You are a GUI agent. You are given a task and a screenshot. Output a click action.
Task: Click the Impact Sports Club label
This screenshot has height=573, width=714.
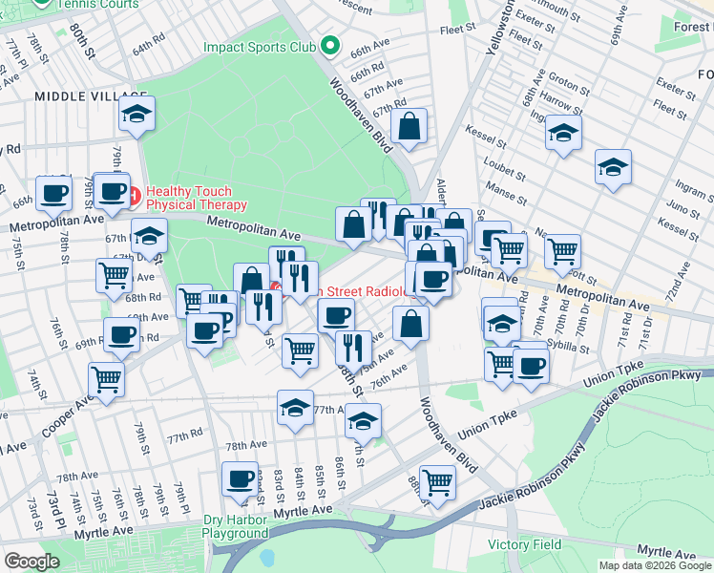[x=259, y=46]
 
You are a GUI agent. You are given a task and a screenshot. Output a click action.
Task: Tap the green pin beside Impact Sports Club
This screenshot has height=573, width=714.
[x=330, y=45]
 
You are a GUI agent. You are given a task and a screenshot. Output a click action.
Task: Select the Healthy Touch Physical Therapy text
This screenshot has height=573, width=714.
[x=197, y=198]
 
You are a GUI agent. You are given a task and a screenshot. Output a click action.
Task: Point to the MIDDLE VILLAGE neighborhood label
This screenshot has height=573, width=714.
[x=92, y=96]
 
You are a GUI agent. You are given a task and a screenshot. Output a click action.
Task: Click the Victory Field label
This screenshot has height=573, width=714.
[x=524, y=544]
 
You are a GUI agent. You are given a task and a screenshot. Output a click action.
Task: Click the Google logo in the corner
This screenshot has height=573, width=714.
[x=31, y=561]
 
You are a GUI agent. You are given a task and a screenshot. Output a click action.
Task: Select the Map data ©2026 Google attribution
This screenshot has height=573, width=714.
[x=654, y=565]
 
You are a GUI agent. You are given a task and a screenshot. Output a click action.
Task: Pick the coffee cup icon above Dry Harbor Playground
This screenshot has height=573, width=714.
[x=240, y=478]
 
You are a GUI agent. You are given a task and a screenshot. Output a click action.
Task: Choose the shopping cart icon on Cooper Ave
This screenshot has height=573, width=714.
[x=106, y=379]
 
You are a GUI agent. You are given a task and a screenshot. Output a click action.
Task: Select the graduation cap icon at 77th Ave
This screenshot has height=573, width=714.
[x=296, y=407]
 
